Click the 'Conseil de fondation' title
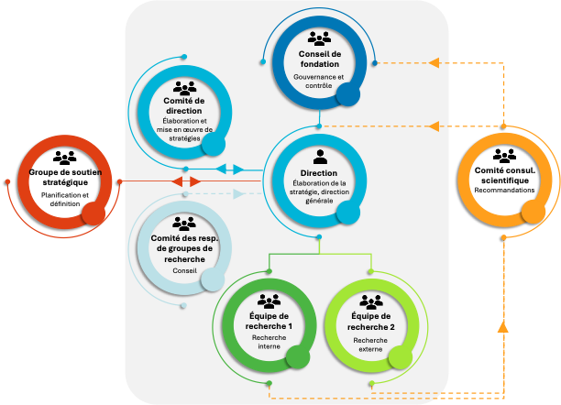click(320, 59)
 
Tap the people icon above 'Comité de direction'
click(184, 88)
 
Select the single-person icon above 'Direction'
click(320, 157)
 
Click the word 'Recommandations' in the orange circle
click(504, 191)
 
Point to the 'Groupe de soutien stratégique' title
click(65, 177)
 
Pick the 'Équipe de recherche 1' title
click(269, 322)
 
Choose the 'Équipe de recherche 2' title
click(371, 322)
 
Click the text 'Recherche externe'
click(370, 345)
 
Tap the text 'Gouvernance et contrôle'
click(318, 82)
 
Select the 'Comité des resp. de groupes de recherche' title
click(184, 248)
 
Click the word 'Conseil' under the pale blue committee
click(184, 271)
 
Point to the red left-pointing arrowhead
click(177, 181)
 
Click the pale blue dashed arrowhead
click(238, 194)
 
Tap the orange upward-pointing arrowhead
click(503, 327)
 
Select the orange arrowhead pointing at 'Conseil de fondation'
click(434, 62)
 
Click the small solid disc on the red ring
click(93, 213)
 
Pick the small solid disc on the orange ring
click(533, 212)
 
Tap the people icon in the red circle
click(65, 158)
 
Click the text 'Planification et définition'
click(65, 199)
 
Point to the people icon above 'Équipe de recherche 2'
click(371, 302)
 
